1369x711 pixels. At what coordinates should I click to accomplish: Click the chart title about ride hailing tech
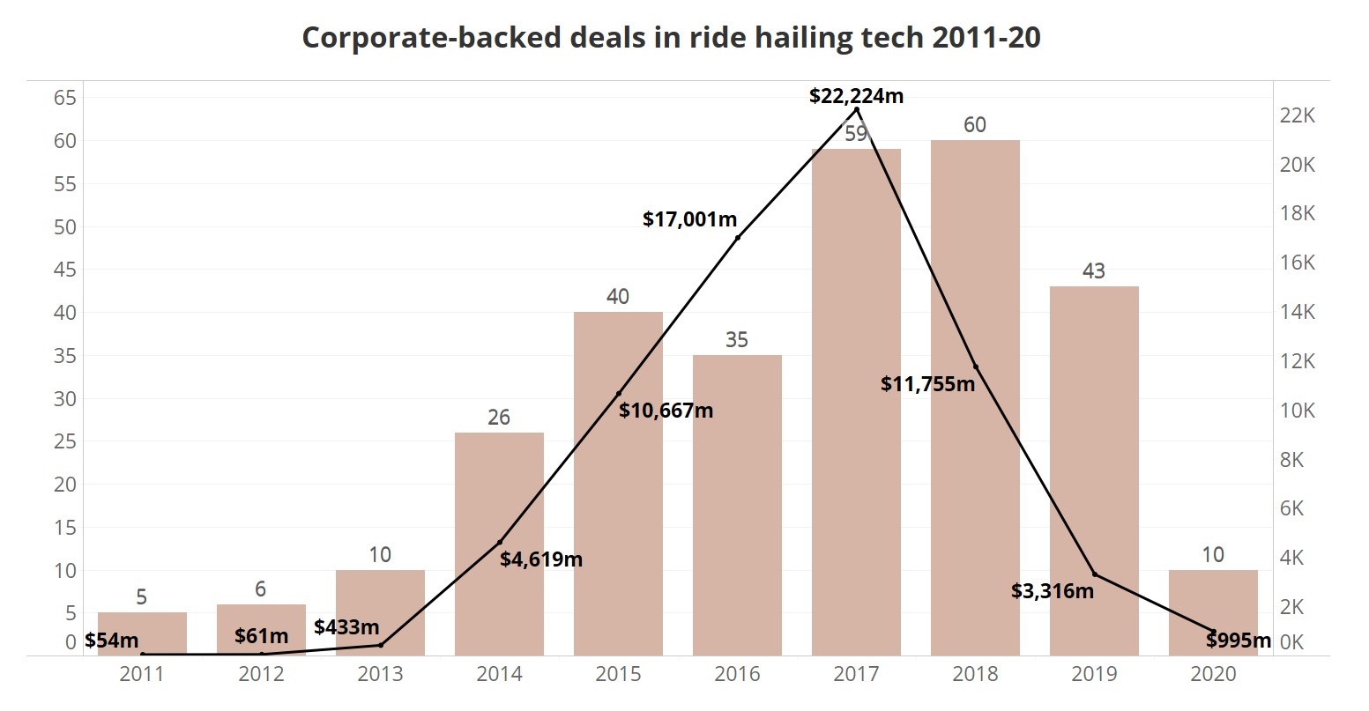pos(671,38)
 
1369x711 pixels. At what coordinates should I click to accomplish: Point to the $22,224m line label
pos(856,96)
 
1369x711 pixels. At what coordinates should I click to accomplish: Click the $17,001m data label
pos(689,219)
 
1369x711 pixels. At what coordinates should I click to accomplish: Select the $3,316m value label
pos(1053,591)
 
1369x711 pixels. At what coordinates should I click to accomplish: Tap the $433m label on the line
pos(346,627)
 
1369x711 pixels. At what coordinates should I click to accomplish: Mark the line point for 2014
pos(500,542)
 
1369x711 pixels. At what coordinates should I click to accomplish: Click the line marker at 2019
pos(1095,574)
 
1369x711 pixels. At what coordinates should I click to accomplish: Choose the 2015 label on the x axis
pos(618,675)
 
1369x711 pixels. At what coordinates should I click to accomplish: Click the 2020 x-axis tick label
pos(1213,675)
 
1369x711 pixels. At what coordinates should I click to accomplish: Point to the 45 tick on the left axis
pos(65,270)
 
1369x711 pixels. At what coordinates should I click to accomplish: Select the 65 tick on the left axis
pos(65,98)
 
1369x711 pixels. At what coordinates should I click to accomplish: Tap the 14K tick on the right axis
pos(1297,312)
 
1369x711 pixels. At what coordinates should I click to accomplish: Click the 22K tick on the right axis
pos(1297,115)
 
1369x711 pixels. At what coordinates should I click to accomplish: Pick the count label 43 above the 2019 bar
pos(1093,271)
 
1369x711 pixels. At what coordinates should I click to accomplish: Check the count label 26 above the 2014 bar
pos(499,418)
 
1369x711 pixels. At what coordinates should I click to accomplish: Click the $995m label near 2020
pos(1239,641)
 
